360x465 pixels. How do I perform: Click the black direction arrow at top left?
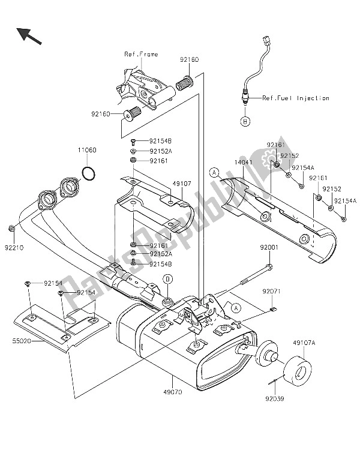click(29, 36)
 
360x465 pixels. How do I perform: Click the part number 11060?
click(87, 150)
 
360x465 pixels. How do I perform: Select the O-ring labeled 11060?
click(89, 174)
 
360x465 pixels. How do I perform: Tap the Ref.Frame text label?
click(141, 54)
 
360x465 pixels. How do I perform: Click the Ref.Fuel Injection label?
click(296, 98)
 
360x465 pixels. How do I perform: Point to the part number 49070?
click(173, 392)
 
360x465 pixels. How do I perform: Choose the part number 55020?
click(22, 341)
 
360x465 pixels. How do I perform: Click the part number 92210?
click(14, 248)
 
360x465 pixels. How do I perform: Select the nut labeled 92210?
click(11, 229)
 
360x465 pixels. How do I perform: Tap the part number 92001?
click(269, 247)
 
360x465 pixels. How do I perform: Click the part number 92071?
click(271, 292)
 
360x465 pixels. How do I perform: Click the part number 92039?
click(275, 399)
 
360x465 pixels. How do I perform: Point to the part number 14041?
click(243, 163)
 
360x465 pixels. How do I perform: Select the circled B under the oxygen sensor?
click(245, 121)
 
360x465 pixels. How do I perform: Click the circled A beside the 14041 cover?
click(214, 172)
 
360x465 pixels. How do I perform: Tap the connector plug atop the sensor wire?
click(267, 40)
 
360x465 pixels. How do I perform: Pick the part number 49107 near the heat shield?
click(182, 184)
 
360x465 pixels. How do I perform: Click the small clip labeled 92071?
click(274, 310)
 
